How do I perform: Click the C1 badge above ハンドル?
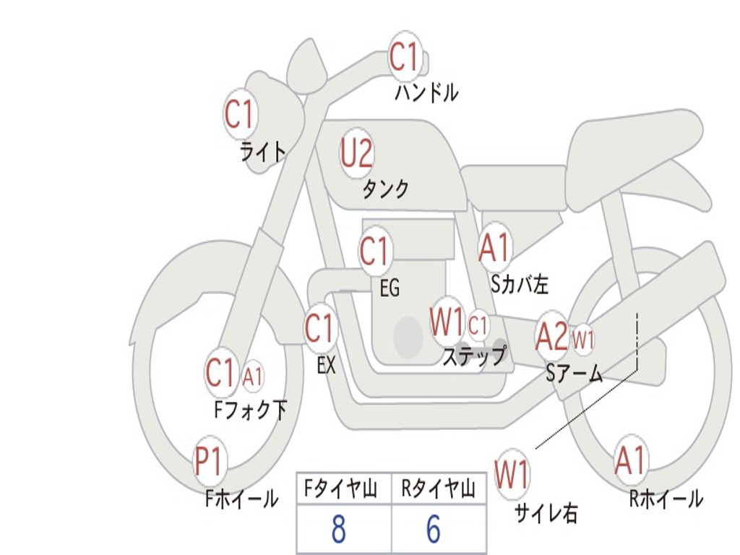(405, 56)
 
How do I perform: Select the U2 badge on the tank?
(357, 153)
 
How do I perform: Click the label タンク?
(385, 189)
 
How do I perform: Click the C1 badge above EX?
(320, 329)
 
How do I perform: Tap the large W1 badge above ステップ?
(447, 322)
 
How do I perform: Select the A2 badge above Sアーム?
(551, 336)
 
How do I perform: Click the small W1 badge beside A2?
(583, 337)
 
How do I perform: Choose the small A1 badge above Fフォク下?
(253, 376)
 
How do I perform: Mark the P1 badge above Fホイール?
(210, 461)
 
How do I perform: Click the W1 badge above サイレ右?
(512, 475)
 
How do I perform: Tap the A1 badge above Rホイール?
(630, 461)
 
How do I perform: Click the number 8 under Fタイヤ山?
(338, 530)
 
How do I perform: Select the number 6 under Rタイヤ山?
(434, 530)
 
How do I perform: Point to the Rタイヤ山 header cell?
(438, 491)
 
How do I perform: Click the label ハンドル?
(426, 93)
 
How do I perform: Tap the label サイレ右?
(546, 513)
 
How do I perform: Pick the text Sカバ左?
(520, 285)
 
